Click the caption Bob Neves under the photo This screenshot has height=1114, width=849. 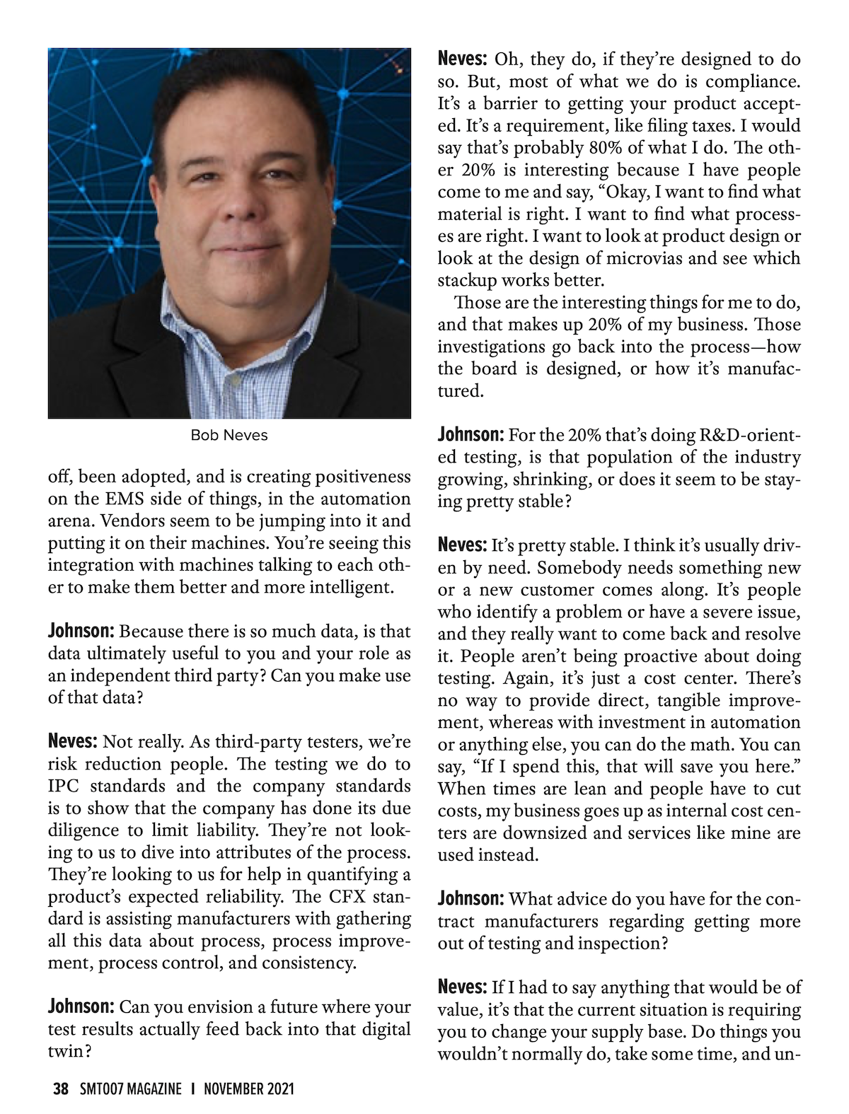(229, 435)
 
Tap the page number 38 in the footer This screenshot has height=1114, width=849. (61, 1089)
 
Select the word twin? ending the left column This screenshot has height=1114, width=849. (70, 1051)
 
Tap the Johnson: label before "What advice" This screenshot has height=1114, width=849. (470, 899)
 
